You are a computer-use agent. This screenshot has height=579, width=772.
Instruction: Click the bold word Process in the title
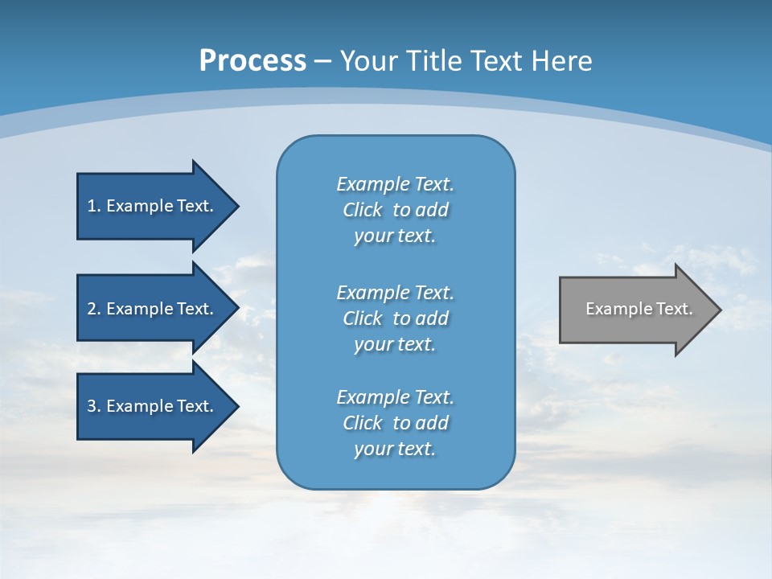tap(253, 61)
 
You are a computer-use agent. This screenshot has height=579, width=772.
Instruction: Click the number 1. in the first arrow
tap(93, 206)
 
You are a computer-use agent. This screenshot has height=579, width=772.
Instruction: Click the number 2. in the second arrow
tap(93, 309)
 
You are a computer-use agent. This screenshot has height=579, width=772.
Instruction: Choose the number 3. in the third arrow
tap(93, 406)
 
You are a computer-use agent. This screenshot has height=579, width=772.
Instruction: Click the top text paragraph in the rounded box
tap(395, 210)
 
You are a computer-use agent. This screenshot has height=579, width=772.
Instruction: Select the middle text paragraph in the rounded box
tap(395, 318)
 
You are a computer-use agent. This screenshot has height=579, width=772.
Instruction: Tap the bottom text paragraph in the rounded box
tap(395, 423)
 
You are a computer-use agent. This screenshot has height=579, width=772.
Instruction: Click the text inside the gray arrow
tap(639, 309)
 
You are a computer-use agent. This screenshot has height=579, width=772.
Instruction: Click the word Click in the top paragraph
tap(363, 210)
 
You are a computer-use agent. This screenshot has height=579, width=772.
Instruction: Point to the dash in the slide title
tap(322, 61)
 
